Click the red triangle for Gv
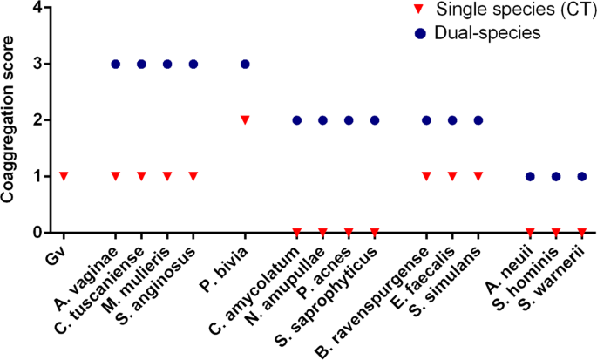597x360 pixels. [63, 176]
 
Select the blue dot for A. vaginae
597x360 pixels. [115, 64]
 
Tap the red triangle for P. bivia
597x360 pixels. [245, 119]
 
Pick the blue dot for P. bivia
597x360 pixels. [245, 64]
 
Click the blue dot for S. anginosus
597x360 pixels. [193, 64]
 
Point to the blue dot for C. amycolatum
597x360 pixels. [296, 120]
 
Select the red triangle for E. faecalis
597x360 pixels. [452, 176]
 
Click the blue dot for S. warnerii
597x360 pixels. [581, 176]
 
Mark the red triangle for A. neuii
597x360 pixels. [530, 232]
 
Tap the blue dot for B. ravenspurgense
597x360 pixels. [426, 120]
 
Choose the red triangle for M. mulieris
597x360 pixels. [167, 176]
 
